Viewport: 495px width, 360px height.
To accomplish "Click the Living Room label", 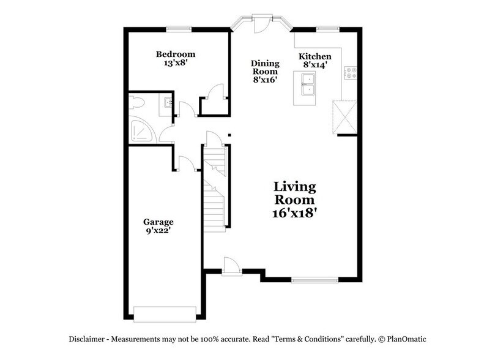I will (294, 193).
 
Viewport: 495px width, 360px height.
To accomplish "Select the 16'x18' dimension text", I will (294, 214).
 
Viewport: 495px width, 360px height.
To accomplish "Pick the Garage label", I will (158, 222).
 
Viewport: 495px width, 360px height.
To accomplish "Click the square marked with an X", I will (344, 116).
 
